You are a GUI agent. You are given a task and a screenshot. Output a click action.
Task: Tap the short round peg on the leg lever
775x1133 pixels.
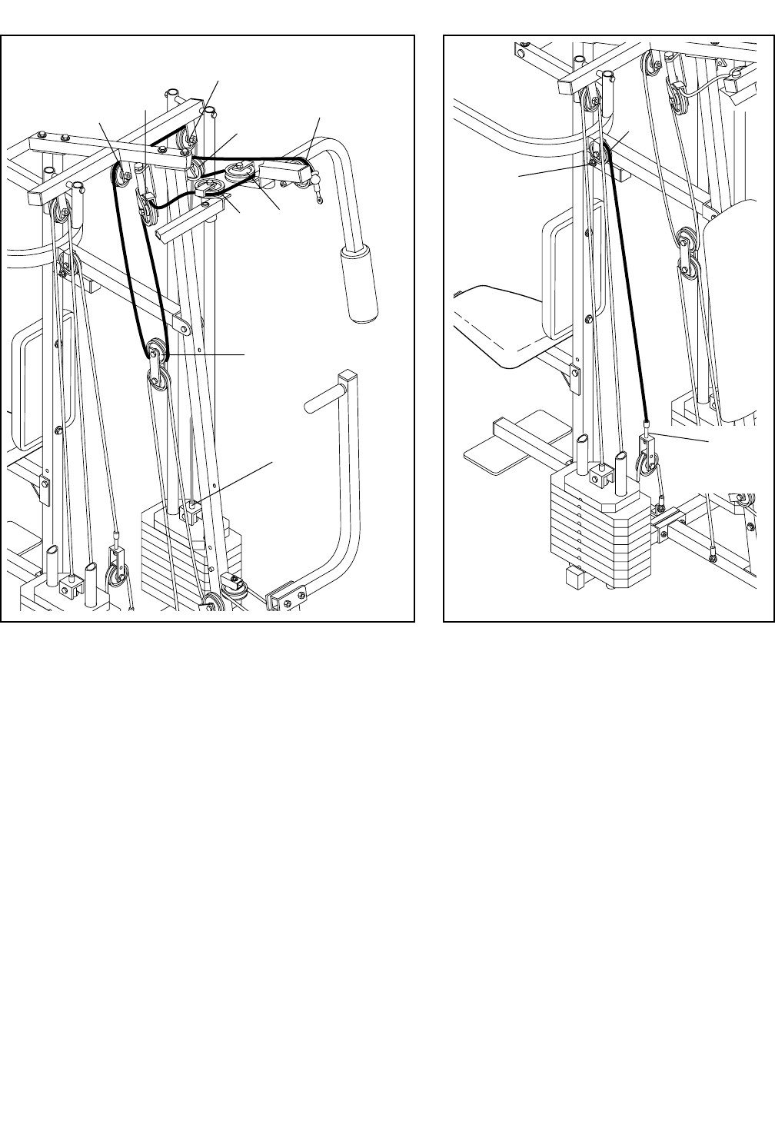319,403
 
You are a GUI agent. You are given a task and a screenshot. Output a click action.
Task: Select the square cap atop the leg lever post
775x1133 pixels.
348,377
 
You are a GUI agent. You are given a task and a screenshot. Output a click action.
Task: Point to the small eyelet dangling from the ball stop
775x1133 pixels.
318,201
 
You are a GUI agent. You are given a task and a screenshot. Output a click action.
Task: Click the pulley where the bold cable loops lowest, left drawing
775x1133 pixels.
156,353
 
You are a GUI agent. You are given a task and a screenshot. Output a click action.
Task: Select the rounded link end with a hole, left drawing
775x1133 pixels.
185,326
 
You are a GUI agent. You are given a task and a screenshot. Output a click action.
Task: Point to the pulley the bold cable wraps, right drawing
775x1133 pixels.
600,153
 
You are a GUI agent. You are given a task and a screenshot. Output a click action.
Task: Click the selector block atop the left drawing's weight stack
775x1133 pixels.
190,510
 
